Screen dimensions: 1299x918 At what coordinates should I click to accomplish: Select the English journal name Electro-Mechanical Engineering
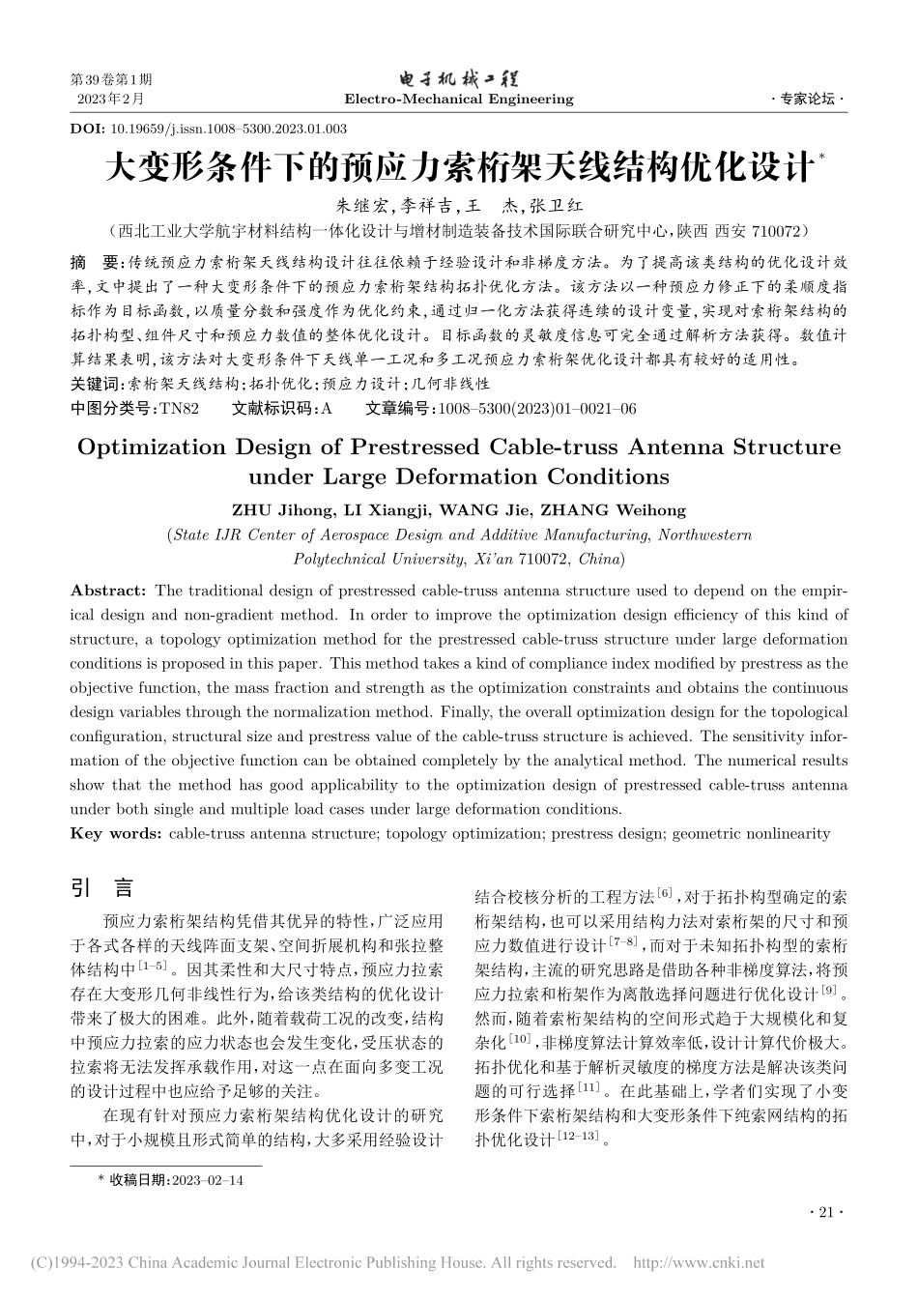pos(458,99)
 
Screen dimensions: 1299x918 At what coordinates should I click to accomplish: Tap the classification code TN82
pos(179,409)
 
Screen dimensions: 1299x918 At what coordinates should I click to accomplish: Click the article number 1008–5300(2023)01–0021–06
pos(537,409)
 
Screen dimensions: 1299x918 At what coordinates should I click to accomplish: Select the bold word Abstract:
pos(108,591)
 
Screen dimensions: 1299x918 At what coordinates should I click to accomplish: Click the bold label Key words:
pos(116,833)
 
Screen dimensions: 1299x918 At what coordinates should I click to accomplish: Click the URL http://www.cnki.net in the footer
pos(697,1262)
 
